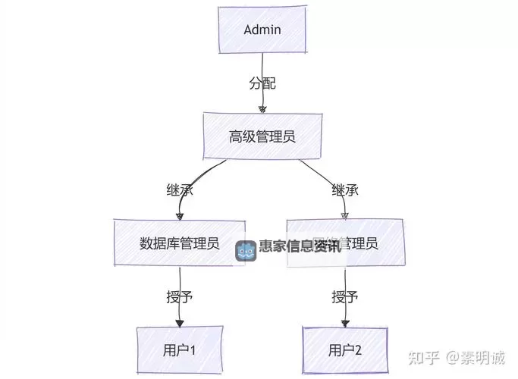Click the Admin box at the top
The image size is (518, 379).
click(262, 30)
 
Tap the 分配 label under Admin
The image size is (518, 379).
click(262, 83)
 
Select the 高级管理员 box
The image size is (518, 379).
click(262, 136)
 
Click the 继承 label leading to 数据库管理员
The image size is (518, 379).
click(180, 189)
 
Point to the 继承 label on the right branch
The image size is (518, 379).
click(344, 189)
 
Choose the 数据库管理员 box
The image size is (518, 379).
click(180, 243)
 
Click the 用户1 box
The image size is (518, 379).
click(180, 350)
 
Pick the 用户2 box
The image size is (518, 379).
click(345, 350)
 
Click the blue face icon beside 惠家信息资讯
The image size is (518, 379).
click(246, 251)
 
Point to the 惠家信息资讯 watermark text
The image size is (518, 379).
click(300, 247)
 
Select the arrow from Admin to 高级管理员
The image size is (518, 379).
click(263, 99)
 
